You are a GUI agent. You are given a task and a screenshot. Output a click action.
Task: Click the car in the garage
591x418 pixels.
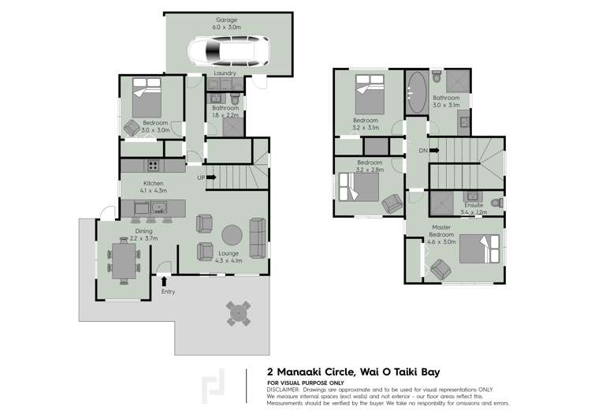tap(229, 51)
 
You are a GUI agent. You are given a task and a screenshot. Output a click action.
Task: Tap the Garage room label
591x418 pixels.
tap(226, 20)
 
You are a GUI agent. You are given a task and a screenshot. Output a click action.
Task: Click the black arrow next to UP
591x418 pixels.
tap(211, 177)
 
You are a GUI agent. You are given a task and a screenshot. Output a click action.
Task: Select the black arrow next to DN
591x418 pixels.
tap(434, 150)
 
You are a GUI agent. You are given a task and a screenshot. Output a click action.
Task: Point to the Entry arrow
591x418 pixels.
tap(164, 282)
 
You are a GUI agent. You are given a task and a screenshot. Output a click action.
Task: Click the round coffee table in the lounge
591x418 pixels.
tap(232, 235)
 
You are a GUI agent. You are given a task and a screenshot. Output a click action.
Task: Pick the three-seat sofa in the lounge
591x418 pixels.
tap(258, 238)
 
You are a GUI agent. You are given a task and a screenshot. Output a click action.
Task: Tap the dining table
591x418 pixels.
tap(124, 261)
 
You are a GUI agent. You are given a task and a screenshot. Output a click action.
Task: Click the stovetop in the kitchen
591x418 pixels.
tap(154, 166)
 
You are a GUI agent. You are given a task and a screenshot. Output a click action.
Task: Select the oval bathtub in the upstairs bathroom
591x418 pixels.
tap(417, 92)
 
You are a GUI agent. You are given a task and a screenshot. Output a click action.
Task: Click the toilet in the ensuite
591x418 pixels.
tap(497, 203)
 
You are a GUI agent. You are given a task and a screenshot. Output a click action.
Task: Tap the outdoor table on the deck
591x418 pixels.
tap(238, 314)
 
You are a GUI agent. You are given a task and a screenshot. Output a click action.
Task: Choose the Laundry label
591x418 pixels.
tap(225, 73)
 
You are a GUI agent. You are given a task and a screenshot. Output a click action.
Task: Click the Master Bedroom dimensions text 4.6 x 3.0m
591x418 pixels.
tap(441, 241)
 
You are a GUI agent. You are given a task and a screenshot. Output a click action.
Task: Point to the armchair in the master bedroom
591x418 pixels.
tap(440, 270)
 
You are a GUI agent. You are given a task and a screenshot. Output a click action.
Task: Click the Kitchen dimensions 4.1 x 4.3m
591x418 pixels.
tap(154, 191)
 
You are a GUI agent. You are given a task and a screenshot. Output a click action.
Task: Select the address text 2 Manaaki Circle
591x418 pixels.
tap(311, 372)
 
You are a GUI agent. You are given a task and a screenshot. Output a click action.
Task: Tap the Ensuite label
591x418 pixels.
tap(474, 205)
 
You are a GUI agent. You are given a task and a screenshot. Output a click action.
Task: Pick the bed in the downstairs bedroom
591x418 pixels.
tap(147, 97)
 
